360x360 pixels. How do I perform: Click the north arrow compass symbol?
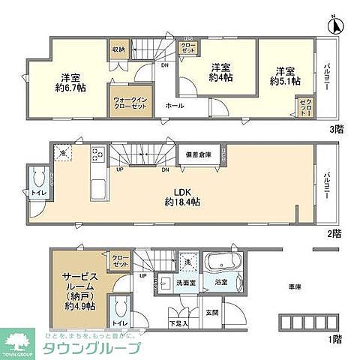[x=337, y=25]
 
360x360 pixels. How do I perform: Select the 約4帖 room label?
[x=220, y=71]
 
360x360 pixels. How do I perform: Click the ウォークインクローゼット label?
[x=130, y=103]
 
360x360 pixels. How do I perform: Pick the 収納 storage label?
[x=119, y=49]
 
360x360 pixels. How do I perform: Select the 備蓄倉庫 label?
[x=199, y=154]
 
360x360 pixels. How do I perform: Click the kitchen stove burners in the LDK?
[x=97, y=156]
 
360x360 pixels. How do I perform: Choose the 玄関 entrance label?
[x=211, y=303]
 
